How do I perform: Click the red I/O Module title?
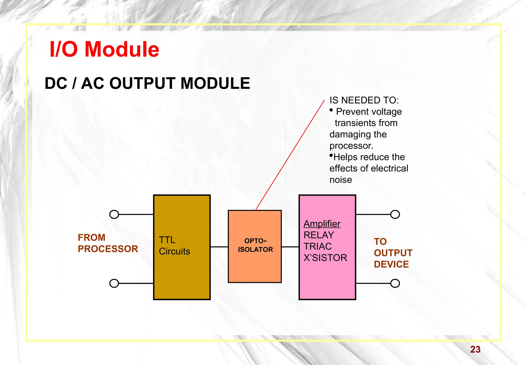(x=104, y=49)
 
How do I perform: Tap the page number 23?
(x=475, y=349)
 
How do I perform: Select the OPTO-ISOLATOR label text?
(x=255, y=245)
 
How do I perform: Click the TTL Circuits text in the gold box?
(x=174, y=246)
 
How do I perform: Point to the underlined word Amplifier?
(x=322, y=224)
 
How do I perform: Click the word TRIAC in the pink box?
(x=318, y=246)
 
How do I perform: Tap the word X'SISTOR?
(x=325, y=258)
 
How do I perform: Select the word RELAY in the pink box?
(x=319, y=235)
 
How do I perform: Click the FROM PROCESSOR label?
(x=108, y=243)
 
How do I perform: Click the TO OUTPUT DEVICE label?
(x=393, y=253)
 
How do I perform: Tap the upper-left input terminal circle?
(x=114, y=214)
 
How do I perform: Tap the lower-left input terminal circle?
(x=114, y=283)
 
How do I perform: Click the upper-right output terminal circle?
(x=395, y=214)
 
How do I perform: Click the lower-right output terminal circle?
(x=395, y=283)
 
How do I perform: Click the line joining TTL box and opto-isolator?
(x=219, y=247)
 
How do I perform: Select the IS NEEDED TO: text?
(x=364, y=100)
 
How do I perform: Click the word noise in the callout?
(x=340, y=180)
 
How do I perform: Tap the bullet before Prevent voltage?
(x=331, y=110)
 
